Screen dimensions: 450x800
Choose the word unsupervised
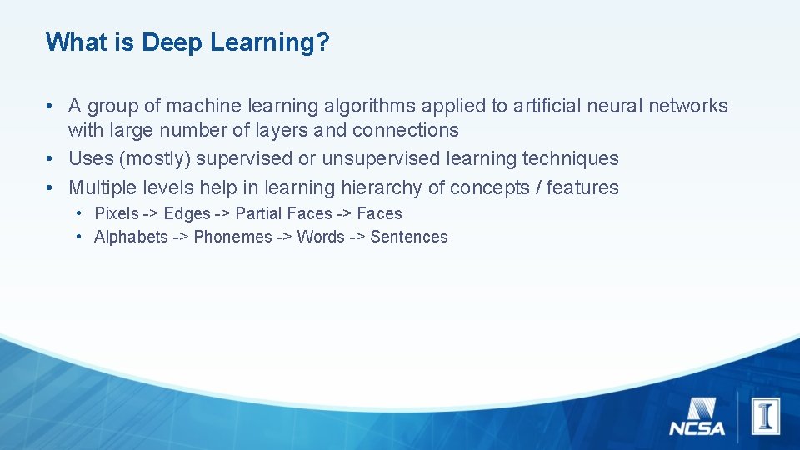pyautogui.click(x=381, y=159)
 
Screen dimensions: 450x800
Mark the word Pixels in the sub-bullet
pyautogui.click(x=117, y=213)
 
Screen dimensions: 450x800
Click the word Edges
pyautogui.click(x=187, y=213)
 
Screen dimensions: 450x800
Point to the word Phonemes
pyautogui.click(x=232, y=237)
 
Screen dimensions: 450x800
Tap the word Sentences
pyautogui.click(x=408, y=237)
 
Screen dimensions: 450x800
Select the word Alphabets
pyautogui.click(x=131, y=237)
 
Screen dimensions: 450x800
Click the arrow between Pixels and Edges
pyautogui.click(x=151, y=213)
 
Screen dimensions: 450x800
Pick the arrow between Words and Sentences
pyautogui.click(x=357, y=237)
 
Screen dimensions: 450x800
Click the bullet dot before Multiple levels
pyautogui.click(x=52, y=187)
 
